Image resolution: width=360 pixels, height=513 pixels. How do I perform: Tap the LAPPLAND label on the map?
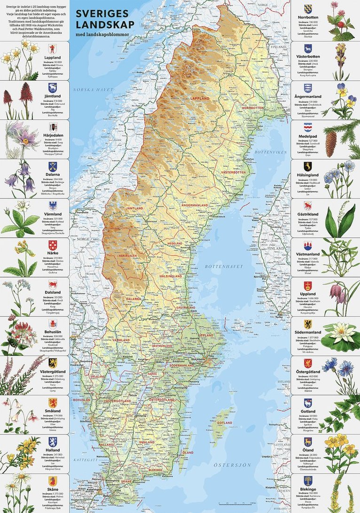click(x=199, y=98)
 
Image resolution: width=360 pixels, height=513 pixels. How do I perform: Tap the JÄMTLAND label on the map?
click(x=133, y=207)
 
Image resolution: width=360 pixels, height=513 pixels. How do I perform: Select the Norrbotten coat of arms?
click(x=308, y=9)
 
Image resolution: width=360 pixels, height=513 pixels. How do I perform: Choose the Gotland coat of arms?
click(x=308, y=403)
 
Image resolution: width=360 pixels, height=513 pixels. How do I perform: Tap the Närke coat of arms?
click(x=53, y=245)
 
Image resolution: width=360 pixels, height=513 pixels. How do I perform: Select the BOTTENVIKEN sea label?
click(x=267, y=153)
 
